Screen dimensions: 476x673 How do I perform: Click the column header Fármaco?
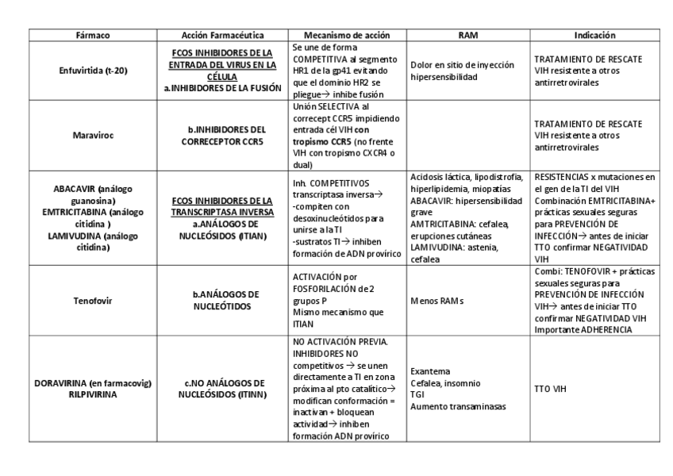[x=94, y=36]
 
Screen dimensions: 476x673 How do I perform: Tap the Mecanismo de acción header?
[x=347, y=36]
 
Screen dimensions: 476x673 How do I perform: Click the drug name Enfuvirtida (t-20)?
[x=94, y=71]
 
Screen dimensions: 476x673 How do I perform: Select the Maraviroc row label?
[x=94, y=135]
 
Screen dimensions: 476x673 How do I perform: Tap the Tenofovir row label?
[x=94, y=301]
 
